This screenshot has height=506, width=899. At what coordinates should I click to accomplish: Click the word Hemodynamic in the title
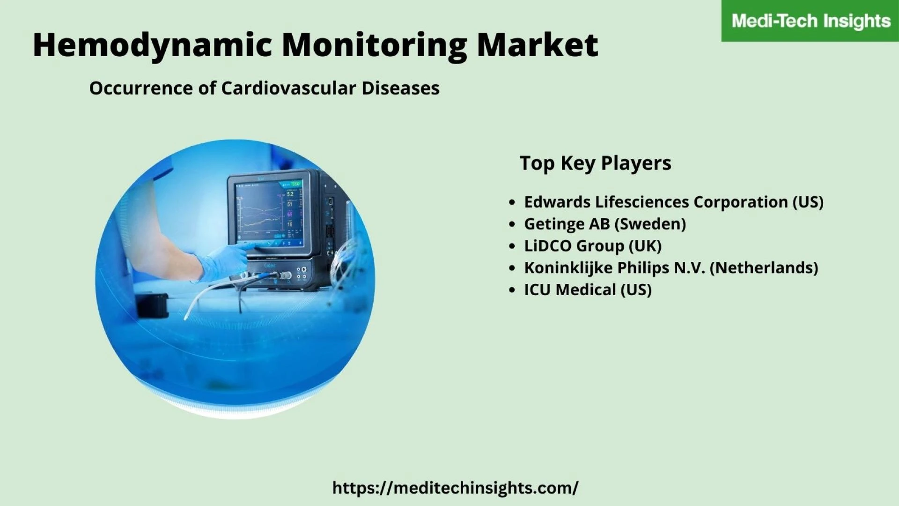152,46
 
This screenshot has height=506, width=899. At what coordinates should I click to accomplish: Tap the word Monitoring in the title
374,46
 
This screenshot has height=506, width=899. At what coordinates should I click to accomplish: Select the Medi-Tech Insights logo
811,21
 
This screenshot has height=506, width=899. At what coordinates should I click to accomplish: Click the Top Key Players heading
595,163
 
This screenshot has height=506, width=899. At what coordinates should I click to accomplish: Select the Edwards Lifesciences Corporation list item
674,202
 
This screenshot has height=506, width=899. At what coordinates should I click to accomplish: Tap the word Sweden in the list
650,224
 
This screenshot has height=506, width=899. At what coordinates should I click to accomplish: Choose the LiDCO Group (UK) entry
593,246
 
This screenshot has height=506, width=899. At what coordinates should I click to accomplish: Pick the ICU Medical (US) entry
588,290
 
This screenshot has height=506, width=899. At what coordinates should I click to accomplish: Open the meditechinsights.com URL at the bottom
455,488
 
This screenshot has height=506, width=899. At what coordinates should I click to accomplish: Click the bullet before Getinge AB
512,224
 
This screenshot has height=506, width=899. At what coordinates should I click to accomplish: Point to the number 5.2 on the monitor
290,194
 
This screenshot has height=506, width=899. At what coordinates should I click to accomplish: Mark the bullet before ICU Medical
512,290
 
